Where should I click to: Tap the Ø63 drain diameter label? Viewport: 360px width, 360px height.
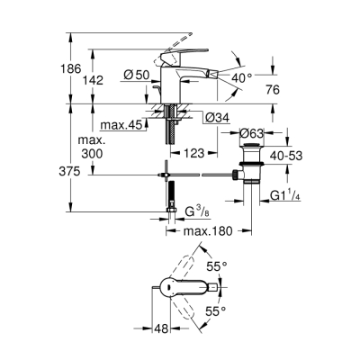tap(255, 134)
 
